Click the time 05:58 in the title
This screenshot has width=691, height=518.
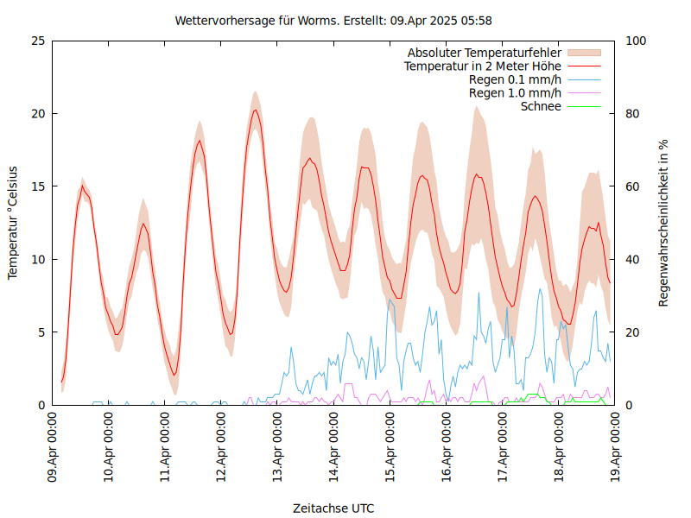click(x=476, y=20)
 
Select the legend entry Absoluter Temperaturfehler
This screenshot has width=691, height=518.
click(x=484, y=52)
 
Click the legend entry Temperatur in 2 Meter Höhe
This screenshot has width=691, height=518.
click(x=483, y=66)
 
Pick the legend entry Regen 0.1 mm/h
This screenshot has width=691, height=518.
click(x=515, y=79)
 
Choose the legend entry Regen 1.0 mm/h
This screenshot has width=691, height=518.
click(x=515, y=93)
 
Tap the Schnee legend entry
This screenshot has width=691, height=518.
click(x=542, y=107)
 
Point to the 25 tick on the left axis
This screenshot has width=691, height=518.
click(x=37, y=41)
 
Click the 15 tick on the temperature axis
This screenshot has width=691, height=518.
click(x=37, y=186)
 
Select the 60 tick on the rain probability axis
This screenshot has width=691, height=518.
click(x=631, y=186)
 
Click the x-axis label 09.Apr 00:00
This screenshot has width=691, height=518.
click(x=53, y=449)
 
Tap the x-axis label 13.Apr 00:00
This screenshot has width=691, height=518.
click(x=277, y=449)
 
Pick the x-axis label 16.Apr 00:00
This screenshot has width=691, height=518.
click(x=446, y=449)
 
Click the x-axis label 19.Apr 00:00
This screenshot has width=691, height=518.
click(x=614, y=449)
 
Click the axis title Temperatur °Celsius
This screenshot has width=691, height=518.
click(x=13, y=223)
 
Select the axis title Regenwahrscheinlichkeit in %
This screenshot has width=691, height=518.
click(x=664, y=223)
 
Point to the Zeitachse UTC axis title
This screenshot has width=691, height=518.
click(x=333, y=509)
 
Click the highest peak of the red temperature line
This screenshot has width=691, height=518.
click(x=255, y=110)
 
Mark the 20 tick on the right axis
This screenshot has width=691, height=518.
click(x=631, y=332)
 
